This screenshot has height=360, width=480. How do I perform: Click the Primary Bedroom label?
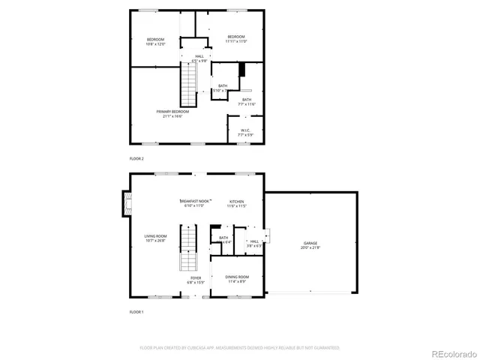(171, 113)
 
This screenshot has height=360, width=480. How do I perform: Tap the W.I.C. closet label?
(245, 133)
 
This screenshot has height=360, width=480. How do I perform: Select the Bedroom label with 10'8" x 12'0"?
(155, 41)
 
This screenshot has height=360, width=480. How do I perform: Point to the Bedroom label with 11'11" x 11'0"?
(235, 39)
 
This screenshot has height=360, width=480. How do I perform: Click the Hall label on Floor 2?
(199, 58)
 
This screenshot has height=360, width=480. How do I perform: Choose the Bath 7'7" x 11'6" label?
(247, 102)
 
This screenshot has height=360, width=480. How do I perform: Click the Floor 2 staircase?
(187, 85)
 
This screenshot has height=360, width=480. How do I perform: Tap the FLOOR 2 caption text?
(136, 159)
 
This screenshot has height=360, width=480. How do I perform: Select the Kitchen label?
(237, 203)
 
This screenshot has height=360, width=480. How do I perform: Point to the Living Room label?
(156, 238)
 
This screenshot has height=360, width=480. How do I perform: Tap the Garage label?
(310, 245)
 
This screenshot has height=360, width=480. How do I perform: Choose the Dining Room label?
(237, 279)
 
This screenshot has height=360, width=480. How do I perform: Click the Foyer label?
(195, 280)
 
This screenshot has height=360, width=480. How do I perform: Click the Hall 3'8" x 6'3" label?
(254, 244)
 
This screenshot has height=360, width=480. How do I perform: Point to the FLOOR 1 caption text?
(136, 311)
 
